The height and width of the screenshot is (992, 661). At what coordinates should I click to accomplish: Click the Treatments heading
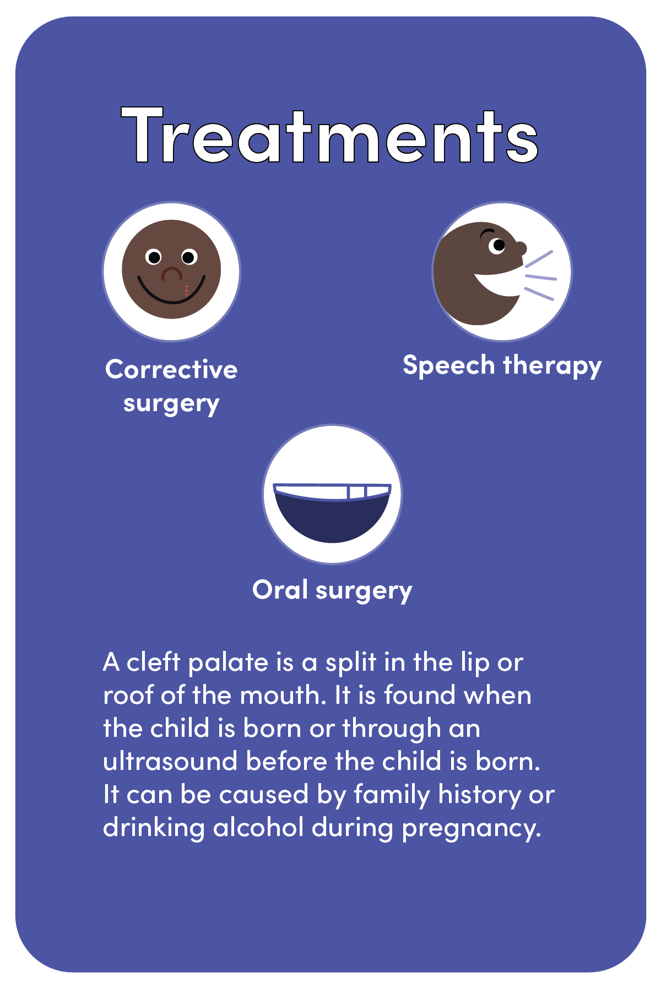click(329, 136)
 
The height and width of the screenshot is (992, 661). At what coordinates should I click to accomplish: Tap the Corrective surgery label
click(171, 386)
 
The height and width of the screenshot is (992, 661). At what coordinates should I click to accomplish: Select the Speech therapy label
click(502, 365)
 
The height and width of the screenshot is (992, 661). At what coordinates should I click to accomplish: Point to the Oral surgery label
click(332, 590)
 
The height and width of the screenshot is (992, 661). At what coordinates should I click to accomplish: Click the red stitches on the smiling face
click(186, 290)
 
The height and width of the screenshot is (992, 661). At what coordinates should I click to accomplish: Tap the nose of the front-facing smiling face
click(171, 273)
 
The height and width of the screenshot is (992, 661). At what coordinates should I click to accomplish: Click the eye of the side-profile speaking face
click(497, 245)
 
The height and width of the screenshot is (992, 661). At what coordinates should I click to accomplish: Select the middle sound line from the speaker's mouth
click(541, 277)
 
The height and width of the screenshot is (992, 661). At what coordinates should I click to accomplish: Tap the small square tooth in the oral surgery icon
click(357, 492)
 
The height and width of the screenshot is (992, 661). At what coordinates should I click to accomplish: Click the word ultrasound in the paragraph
click(171, 762)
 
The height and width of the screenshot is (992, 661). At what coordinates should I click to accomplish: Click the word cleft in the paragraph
click(154, 662)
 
